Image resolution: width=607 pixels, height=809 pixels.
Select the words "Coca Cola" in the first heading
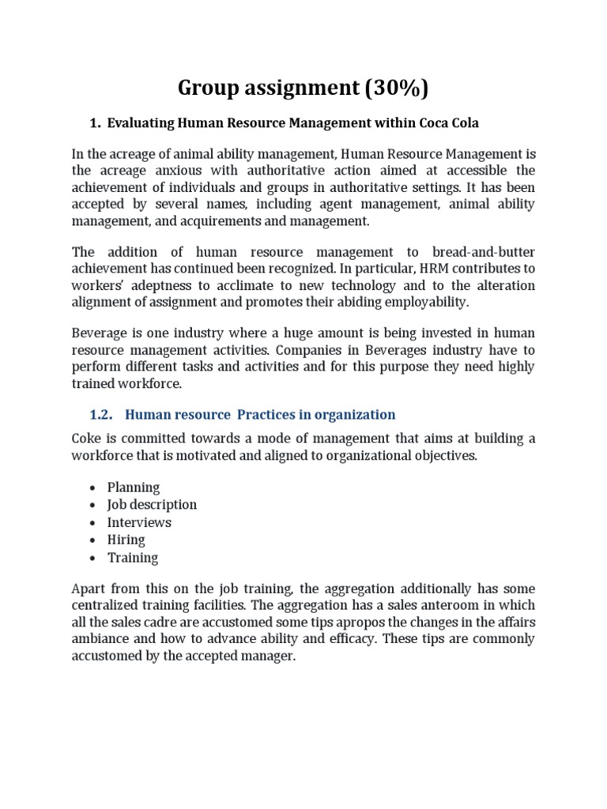click(x=451, y=122)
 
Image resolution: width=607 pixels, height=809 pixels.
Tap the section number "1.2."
click(x=100, y=414)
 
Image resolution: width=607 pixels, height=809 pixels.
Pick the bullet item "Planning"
click(x=134, y=487)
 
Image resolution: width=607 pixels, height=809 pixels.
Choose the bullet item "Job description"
click(x=153, y=504)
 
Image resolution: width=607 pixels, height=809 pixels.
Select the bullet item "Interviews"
click(x=139, y=522)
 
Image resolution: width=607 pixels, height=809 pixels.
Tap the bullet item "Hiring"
click(x=126, y=540)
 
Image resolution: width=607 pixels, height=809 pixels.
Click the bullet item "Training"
click(x=133, y=558)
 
